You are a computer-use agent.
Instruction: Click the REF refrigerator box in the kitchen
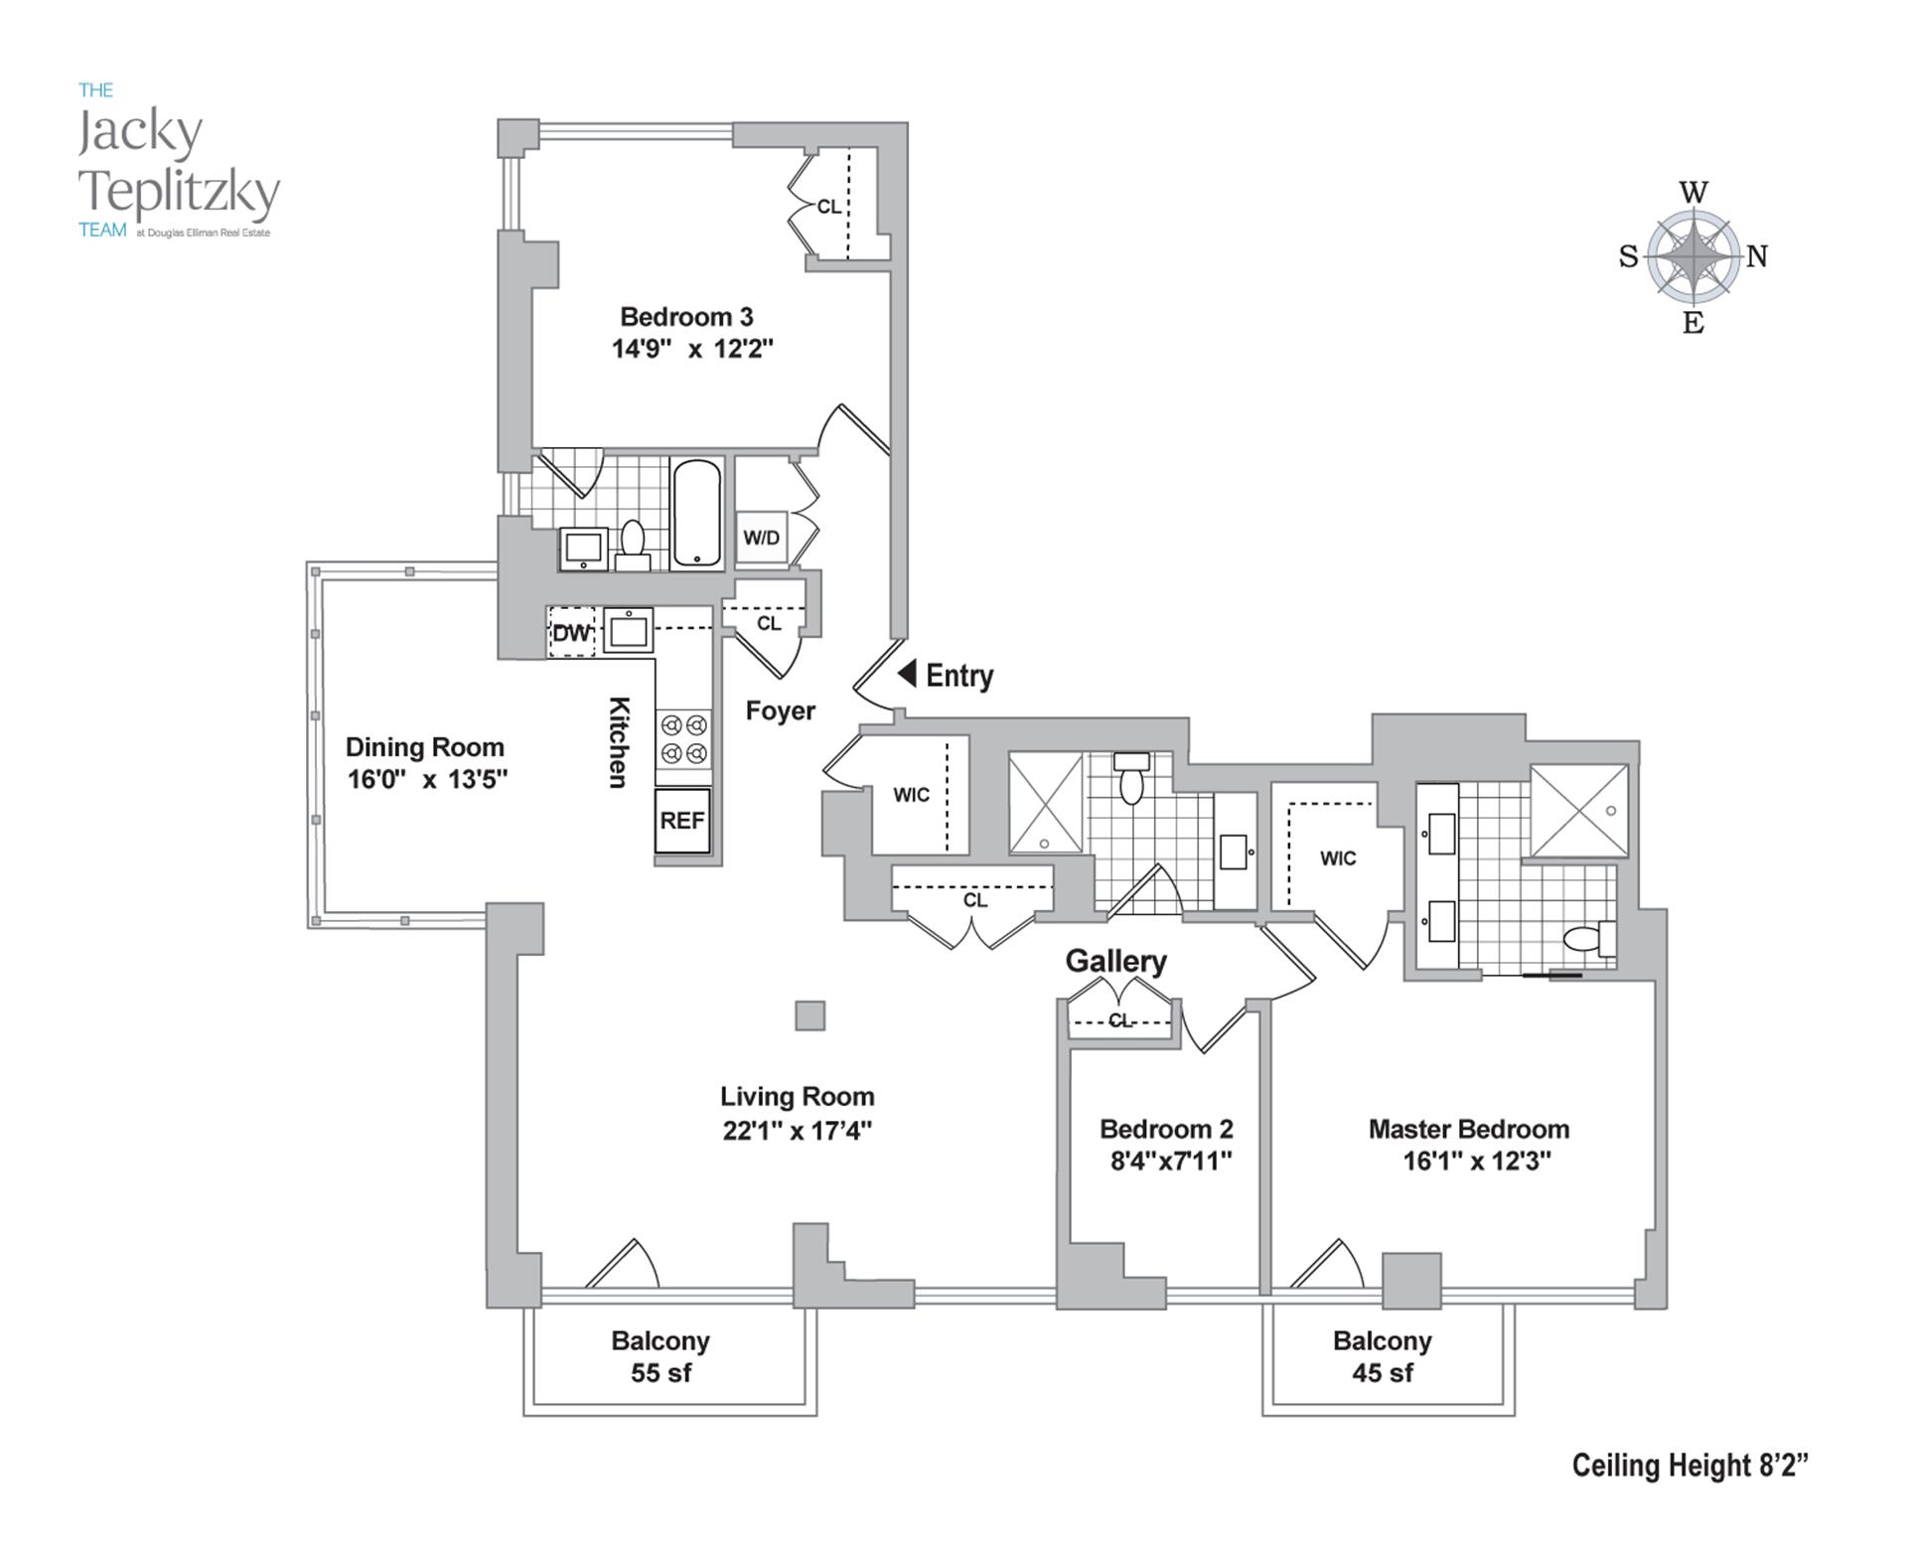682,820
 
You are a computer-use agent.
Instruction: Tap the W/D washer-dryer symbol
762,538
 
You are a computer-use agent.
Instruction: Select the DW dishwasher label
571,633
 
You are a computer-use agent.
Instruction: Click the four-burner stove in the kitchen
683,739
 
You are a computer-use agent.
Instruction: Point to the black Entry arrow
907,674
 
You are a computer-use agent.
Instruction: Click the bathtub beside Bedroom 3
697,513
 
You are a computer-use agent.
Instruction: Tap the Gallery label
1115,962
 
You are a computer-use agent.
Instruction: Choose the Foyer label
781,711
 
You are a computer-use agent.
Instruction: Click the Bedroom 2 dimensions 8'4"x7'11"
1171,1161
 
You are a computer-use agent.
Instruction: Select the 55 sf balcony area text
661,1373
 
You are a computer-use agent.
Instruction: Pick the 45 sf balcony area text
1383,1373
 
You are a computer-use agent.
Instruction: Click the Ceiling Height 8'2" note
1689,1466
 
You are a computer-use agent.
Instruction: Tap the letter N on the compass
1757,256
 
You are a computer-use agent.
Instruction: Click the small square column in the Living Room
810,1015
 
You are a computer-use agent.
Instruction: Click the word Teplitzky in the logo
180,192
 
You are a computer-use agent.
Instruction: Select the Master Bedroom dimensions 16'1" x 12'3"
1477,1161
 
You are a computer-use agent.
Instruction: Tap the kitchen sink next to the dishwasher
629,631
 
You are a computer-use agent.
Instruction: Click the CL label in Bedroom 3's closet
828,207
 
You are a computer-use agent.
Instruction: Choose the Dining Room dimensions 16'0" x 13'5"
427,779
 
